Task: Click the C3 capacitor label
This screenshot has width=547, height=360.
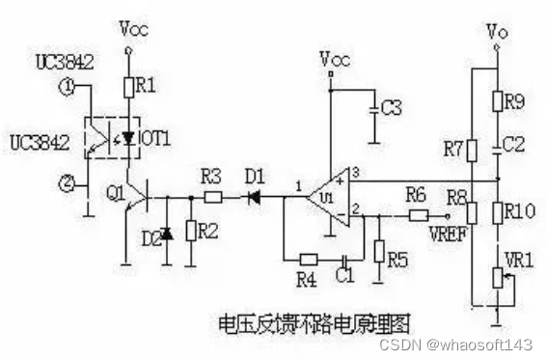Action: pyautogui.click(x=390, y=108)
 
